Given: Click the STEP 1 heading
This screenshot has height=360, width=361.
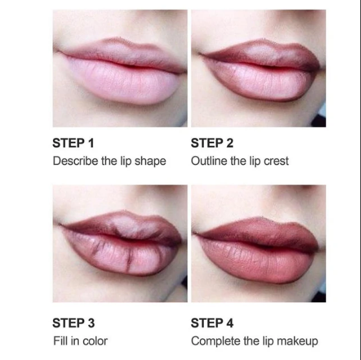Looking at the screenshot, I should tap(73, 143).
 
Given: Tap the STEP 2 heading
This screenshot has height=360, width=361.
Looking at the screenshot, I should tap(212, 143).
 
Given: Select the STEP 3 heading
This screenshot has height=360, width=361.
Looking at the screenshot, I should tap(73, 323).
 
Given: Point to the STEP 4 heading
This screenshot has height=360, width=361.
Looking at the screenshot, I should tap(212, 323).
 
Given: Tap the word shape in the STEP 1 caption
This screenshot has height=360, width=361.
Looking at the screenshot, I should tap(151, 161).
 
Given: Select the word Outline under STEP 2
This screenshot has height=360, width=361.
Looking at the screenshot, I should tap(209, 161).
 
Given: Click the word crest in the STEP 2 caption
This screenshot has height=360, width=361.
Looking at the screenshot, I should tap(275, 161).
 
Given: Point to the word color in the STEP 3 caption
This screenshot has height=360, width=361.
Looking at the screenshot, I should tap(94, 341).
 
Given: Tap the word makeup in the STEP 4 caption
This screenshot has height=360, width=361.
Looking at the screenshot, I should tap(297, 341).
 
